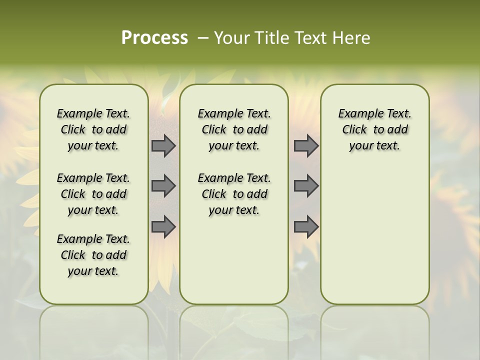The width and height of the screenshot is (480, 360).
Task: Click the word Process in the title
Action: [154, 38]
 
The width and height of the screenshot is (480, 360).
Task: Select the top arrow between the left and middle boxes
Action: [163, 146]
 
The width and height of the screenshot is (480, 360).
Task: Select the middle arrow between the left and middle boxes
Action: [163, 186]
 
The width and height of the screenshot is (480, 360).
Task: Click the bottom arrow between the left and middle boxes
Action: [163, 227]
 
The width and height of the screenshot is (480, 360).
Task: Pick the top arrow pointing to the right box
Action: [306, 146]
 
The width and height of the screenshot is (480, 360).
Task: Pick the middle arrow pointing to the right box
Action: [306, 186]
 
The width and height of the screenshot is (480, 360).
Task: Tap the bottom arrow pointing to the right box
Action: [306, 227]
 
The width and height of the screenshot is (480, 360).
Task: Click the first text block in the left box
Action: [93, 129]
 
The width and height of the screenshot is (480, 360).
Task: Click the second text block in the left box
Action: [93, 194]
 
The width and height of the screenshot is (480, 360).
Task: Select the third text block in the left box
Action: [93, 255]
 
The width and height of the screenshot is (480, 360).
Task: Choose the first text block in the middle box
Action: [234, 129]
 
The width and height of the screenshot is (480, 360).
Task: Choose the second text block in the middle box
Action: [234, 194]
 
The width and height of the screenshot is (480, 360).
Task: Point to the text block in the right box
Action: [374, 129]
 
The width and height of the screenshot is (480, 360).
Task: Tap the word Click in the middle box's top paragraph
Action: [214, 130]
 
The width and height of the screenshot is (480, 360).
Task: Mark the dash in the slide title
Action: [203, 38]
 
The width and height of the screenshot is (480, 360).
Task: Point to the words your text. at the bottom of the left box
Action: [93, 271]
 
